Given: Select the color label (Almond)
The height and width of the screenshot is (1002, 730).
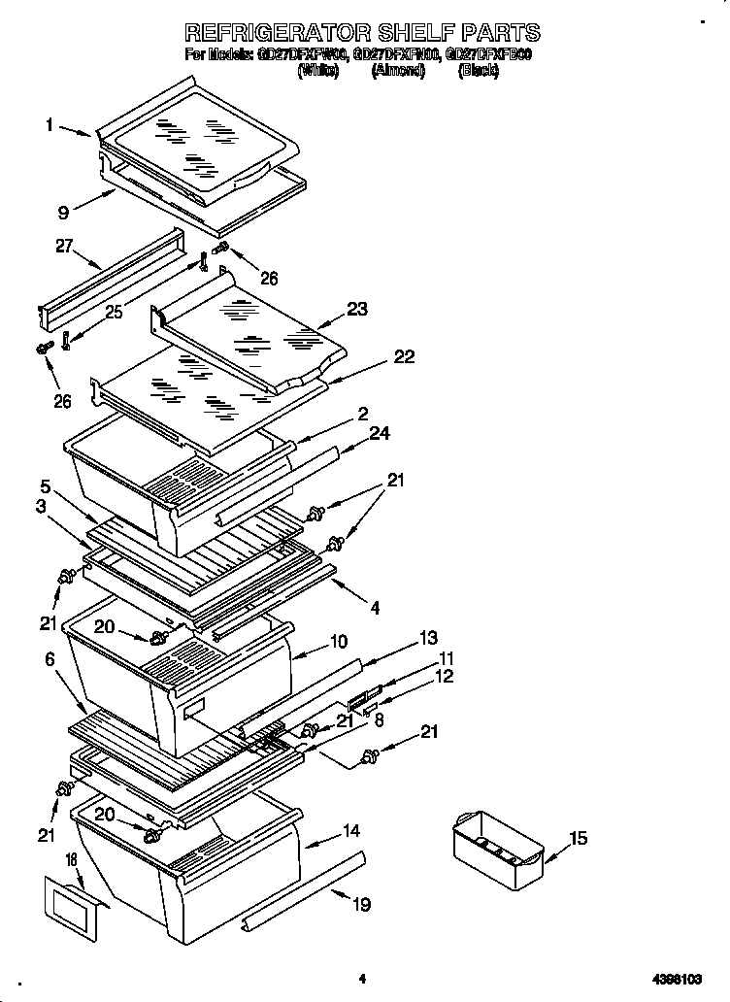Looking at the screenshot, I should pos(398,72).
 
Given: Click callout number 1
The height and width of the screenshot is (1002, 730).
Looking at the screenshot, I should pos(49,124).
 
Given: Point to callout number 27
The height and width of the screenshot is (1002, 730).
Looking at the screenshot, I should pos(64,247).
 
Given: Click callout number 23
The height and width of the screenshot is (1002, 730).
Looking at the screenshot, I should pos(357,310).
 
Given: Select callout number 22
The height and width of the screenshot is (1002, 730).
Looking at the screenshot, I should pos(403,357).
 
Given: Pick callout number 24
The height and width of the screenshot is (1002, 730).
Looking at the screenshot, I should pos(380,433).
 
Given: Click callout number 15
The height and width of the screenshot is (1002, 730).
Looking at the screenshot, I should pos(579,838).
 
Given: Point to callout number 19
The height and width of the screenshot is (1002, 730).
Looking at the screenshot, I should pos(361,905).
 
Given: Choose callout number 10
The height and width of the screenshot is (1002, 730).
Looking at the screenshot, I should pos(338,642).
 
